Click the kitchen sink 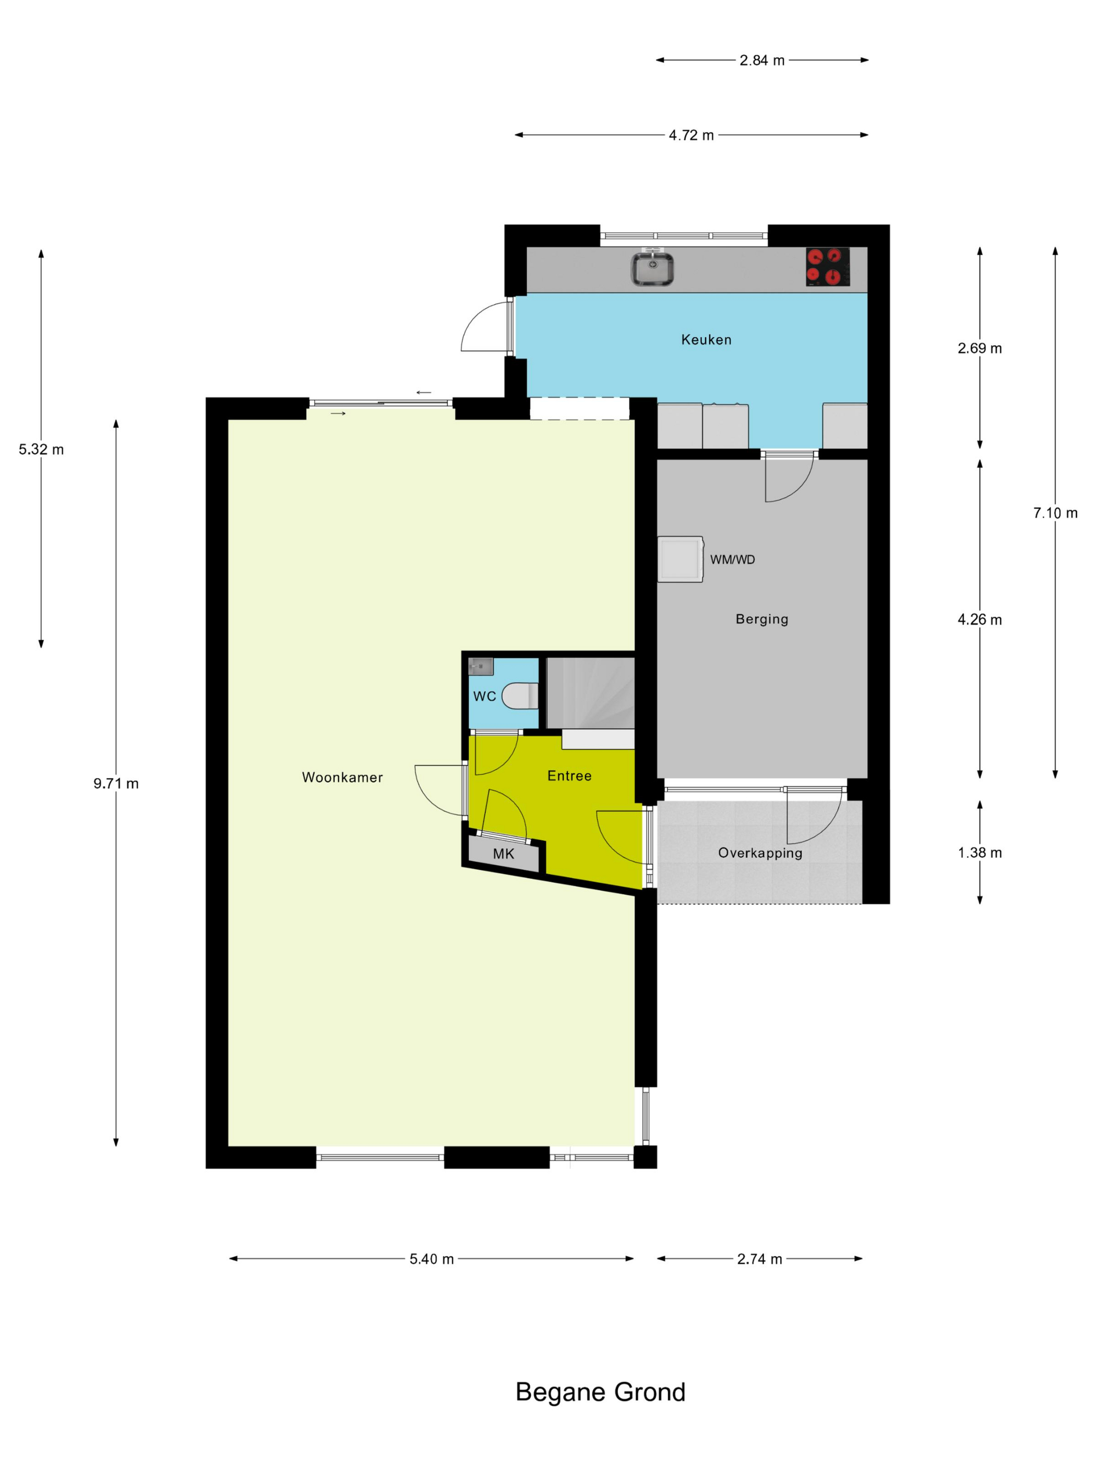click(x=651, y=268)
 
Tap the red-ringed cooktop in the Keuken click(x=827, y=267)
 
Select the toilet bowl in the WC click(x=520, y=696)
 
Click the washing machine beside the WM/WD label click(x=680, y=559)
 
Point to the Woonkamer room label click(x=342, y=777)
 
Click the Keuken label click(x=706, y=340)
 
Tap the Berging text click(x=761, y=619)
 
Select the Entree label click(x=569, y=775)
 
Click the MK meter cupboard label click(x=504, y=854)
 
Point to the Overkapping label click(x=760, y=853)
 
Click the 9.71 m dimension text click(x=116, y=783)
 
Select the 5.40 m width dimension click(x=432, y=1259)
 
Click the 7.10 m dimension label click(x=1055, y=512)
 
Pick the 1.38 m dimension click(x=980, y=853)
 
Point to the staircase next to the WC click(x=590, y=693)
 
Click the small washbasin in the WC click(x=481, y=666)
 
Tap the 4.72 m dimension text click(x=691, y=135)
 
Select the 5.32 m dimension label click(x=41, y=449)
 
